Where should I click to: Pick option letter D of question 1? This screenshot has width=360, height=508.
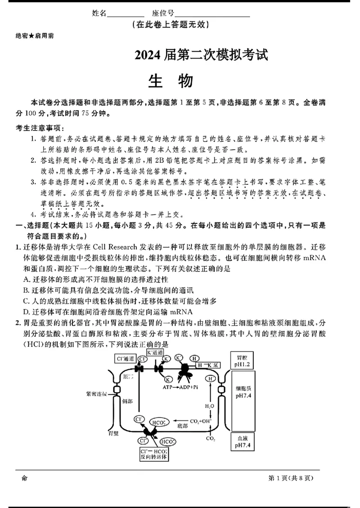coord(25,312)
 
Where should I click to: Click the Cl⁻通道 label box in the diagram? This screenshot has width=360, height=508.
coord(126,358)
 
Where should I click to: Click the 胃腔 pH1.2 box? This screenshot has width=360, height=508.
coord(243,360)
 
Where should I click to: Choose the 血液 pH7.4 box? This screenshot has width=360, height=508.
coord(243,441)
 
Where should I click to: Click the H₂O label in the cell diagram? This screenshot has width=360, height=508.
coord(210,406)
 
